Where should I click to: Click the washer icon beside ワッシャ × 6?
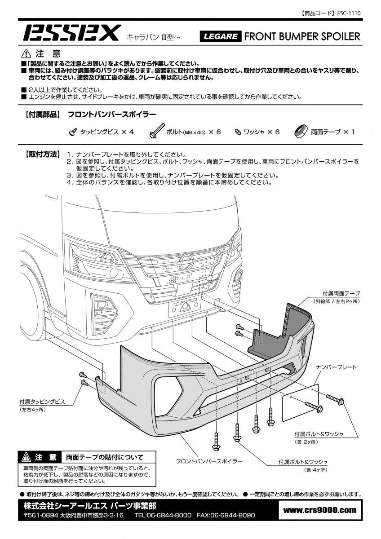click(x=238, y=132)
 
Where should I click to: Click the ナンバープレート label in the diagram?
click(x=336, y=367)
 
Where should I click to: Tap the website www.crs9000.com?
click(x=320, y=510)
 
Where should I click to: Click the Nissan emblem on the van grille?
click(x=186, y=261)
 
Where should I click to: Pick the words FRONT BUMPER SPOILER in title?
click(x=302, y=36)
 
